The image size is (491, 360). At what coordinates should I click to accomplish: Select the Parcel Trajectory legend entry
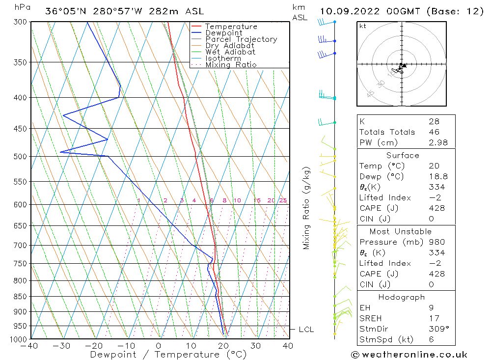coord(241,39)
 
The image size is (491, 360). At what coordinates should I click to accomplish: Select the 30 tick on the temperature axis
coord(255,346)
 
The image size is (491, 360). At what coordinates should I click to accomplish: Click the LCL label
coord(306,330)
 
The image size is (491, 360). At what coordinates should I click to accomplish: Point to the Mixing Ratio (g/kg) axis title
coord(307,208)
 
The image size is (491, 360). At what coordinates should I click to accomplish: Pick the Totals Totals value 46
coord(434,132)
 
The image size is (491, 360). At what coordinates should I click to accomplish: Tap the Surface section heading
coord(403,155)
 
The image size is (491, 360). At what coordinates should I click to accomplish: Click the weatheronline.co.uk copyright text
coord(409,355)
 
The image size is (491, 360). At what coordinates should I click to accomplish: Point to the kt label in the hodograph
coord(362,26)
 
